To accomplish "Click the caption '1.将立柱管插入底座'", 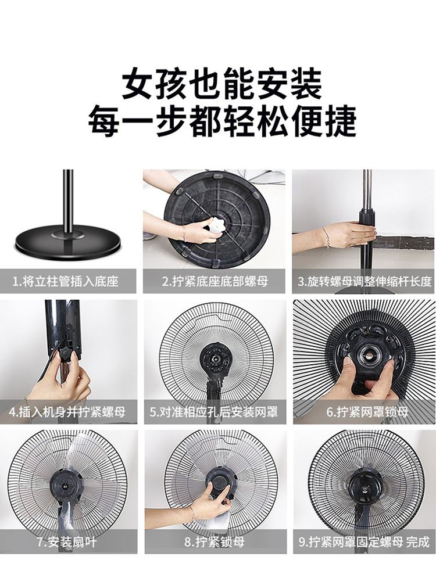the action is tap(65, 281).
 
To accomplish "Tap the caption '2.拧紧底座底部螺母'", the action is tap(215, 281).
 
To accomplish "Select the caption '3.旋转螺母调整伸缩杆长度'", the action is tap(364, 281).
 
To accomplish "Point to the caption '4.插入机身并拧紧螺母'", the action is tap(67, 412).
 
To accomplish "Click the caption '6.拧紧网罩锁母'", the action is tap(367, 412).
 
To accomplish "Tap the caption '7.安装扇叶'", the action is tap(67, 542).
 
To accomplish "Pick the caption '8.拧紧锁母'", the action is tap(215, 542).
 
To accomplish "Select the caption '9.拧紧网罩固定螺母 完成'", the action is tap(364, 542).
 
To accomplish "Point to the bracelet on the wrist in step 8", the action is tap(192, 514).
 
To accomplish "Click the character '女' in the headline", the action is tap(139, 84).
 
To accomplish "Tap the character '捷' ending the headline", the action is tap(339, 121).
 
